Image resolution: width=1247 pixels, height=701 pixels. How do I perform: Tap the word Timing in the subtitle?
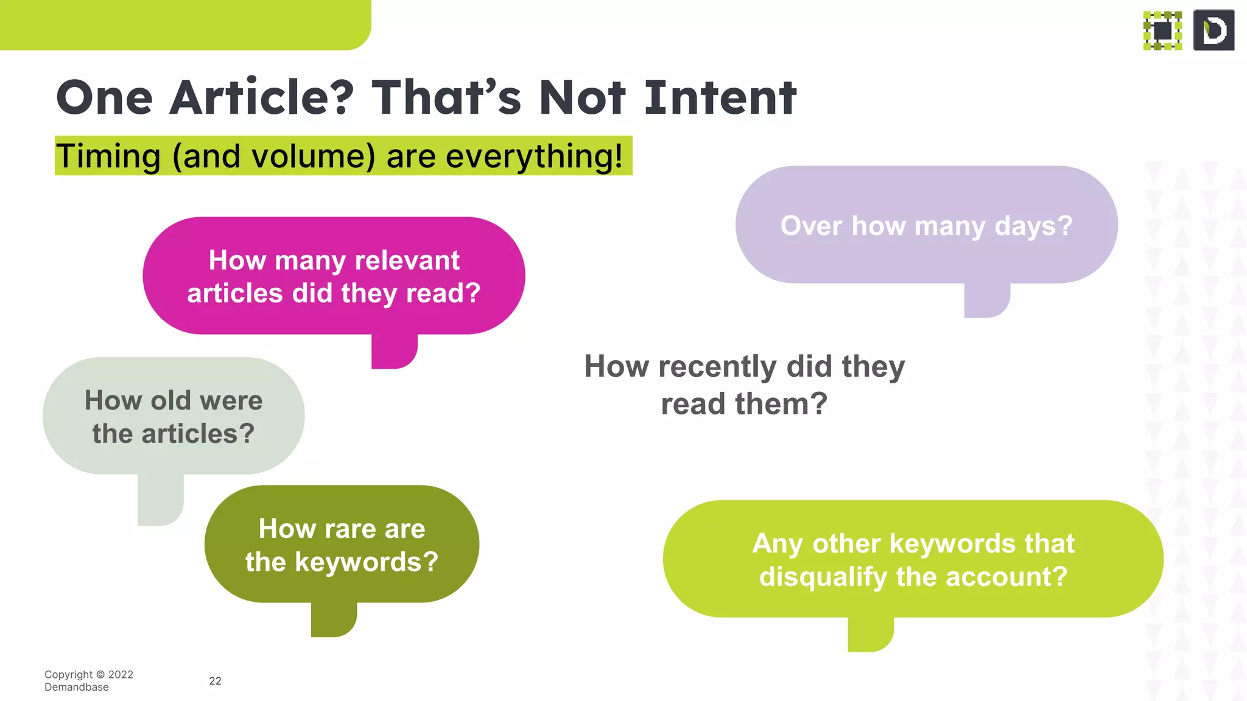click(108, 156)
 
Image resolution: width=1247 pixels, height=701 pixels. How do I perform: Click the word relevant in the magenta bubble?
click(407, 260)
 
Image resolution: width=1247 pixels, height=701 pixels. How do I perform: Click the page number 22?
click(216, 681)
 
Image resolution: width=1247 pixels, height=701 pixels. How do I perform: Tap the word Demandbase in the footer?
click(77, 687)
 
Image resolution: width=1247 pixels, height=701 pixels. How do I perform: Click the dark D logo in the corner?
click(1214, 30)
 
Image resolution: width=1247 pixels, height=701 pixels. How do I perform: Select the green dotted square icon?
click(1162, 30)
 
